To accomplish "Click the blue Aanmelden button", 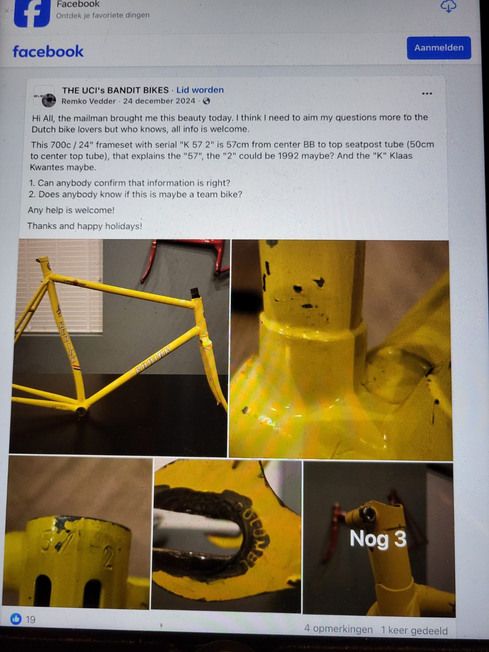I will tap(438, 48).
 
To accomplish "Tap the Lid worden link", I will tap(200, 90).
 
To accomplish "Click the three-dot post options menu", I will tap(427, 93).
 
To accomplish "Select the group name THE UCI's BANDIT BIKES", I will tap(115, 90).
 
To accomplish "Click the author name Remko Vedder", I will tap(89, 101).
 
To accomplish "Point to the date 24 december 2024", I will tap(159, 101).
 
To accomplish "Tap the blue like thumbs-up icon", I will tap(16, 619).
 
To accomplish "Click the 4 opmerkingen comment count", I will tap(338, 629).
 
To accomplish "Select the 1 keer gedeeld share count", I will tap(414, 630).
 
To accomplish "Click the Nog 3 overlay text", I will tap(378, 539).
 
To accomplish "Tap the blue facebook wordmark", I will tap(48, 51).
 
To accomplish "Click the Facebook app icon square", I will tap(32, 13).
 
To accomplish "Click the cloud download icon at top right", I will tap(448, 7).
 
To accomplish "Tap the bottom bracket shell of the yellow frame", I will tap(81, 410).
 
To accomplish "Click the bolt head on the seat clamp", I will tap(369, 514).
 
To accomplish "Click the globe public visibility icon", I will tap(206, 101).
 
